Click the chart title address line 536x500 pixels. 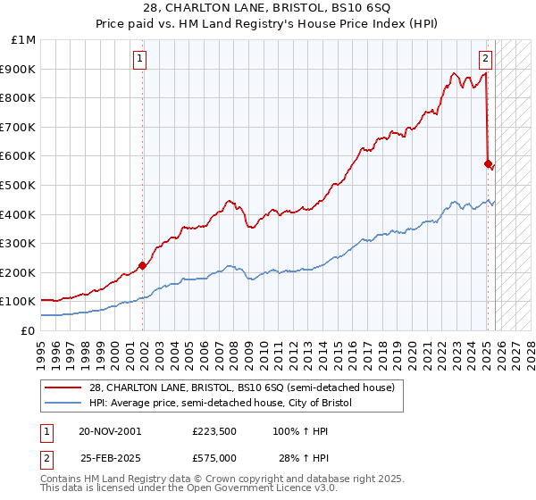267,8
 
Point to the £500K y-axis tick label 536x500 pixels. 19,186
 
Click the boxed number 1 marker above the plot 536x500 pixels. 141,60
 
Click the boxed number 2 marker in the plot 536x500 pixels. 484,60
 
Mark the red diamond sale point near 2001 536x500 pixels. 143,265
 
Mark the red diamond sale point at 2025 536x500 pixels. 488,163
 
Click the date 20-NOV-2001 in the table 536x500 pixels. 109,431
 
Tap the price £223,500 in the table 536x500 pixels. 214,431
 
